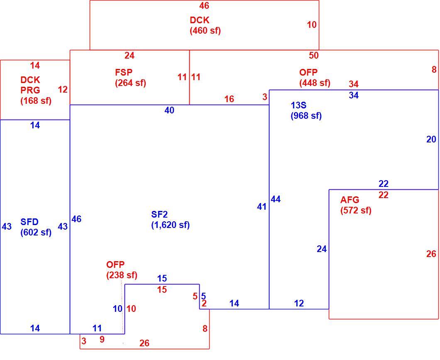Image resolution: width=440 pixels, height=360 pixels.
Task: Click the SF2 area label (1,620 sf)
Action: (170, 220)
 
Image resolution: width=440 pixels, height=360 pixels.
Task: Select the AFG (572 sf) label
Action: (356, 205)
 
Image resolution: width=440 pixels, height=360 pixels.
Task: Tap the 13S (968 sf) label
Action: (306, 110)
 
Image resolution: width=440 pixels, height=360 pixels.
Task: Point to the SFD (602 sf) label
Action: (36, 227)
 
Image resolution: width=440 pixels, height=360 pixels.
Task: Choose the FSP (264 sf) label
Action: (130, 78)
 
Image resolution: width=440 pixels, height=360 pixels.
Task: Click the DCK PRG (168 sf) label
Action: (36, 91)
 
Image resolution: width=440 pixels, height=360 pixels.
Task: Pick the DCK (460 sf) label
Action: (205, 25)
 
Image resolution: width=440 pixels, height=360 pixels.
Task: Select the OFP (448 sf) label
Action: (315, 78)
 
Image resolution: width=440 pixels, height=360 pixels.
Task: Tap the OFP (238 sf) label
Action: (122, 269)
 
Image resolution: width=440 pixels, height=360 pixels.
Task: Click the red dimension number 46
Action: (204, 6)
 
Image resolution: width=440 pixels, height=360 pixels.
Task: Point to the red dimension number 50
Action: (314, 55)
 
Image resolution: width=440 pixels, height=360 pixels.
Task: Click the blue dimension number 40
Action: (169, 110)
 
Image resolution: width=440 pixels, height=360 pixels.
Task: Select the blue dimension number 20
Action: (431, 139)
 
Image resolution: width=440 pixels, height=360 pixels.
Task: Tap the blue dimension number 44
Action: (276, 199)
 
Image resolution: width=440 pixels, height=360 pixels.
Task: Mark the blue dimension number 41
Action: (262, 207)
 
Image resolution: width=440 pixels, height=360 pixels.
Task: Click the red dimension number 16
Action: (229, 99)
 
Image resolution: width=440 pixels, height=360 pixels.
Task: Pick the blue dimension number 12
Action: (299, 303)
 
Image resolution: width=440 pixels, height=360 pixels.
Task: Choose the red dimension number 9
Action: (102, 340)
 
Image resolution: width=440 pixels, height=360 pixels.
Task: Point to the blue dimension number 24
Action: (322, 249)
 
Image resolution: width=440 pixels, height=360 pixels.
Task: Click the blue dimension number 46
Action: (76, 219)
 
